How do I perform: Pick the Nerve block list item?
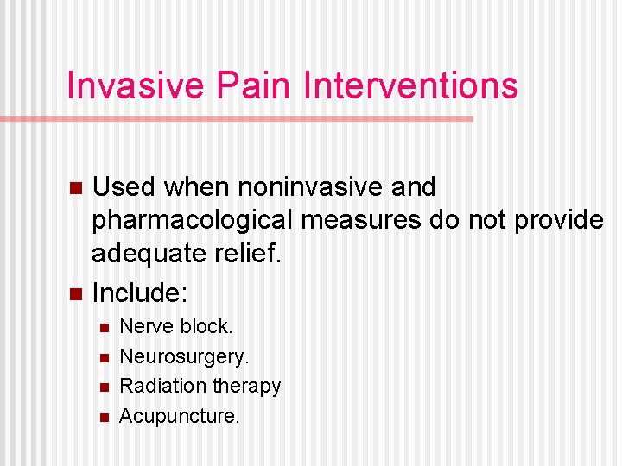click(176, 327)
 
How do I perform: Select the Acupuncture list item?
click(179, 416)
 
